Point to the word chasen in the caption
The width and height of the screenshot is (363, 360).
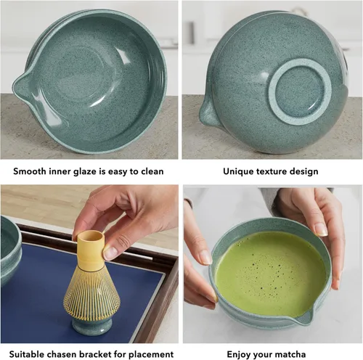(60, 353)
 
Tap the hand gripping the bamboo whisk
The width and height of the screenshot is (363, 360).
(116, 218)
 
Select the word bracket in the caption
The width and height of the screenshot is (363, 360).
(98, 353)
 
